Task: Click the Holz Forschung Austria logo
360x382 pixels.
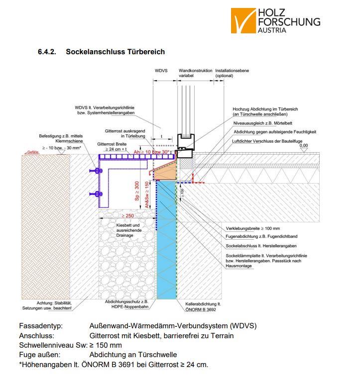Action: pyautogui.click(x=275, y=20)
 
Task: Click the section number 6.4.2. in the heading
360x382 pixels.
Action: pyautogui.click(x=47, y=52)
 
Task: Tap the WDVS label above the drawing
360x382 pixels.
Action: pyautogui.click(x=161, y=71)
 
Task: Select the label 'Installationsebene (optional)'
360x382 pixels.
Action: pyautogui.click(x=232, y=73)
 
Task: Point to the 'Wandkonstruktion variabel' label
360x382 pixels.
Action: pyautogui.click(x=195, y=73)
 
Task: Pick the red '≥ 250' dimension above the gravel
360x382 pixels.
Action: pyautogui.click(x=127, y=215)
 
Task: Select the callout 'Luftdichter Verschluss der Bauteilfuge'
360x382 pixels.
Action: pyautogui.click(x=267, y=142)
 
